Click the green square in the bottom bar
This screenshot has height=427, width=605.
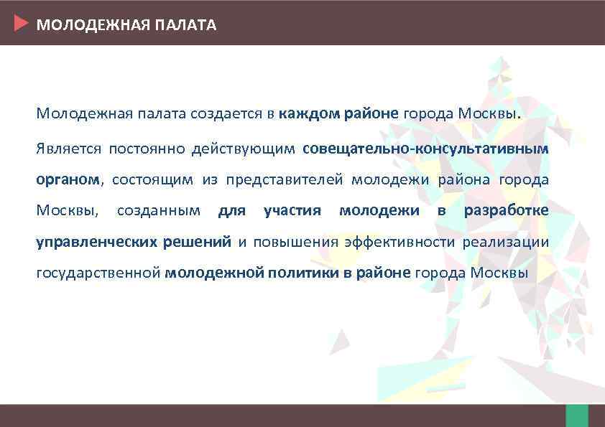click(x=576, y=416)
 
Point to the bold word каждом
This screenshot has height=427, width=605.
click(x=310, y=113)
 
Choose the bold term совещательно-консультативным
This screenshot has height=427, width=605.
click(x=425, y=149)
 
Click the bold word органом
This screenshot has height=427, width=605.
click(x=68, y=179)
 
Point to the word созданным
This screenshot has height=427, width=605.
click(x=158, y=210)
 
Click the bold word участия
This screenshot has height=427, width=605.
click(x=292, y=210)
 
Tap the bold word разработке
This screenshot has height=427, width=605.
click(x=506, y=210)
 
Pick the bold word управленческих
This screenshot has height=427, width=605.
click(x=96, y=242)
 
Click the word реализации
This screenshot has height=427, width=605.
click(x=505, y=242)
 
